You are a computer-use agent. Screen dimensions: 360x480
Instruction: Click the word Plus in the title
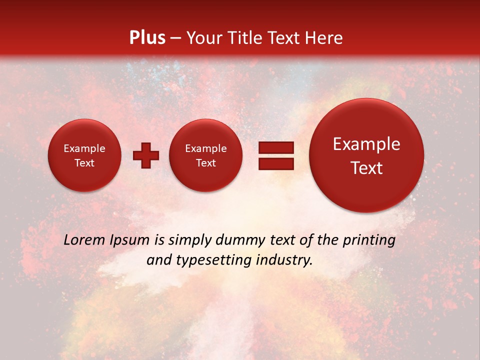click(x=147, y=38)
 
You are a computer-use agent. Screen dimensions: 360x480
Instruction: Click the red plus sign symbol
click(x=146, y=155)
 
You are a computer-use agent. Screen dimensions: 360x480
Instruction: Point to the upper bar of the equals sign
click(x=276, y=147)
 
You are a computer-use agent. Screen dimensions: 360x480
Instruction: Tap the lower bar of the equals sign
click(x=276, y=163)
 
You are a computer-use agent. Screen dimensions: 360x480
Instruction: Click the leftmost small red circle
click(x=84, y=155)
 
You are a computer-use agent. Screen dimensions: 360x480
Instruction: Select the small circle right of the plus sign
click(x=206, y=155)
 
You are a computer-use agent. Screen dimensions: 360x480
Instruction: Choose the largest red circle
click(x=366, y=155)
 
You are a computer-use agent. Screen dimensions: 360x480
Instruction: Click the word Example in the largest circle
click(x=366, y=144)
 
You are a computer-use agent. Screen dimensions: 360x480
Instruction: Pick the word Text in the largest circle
click(x=366, y=168)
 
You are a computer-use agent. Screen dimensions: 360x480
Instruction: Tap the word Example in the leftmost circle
click(x=84, y=148)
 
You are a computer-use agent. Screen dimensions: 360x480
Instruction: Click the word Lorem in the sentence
click(x=83, y=240)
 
